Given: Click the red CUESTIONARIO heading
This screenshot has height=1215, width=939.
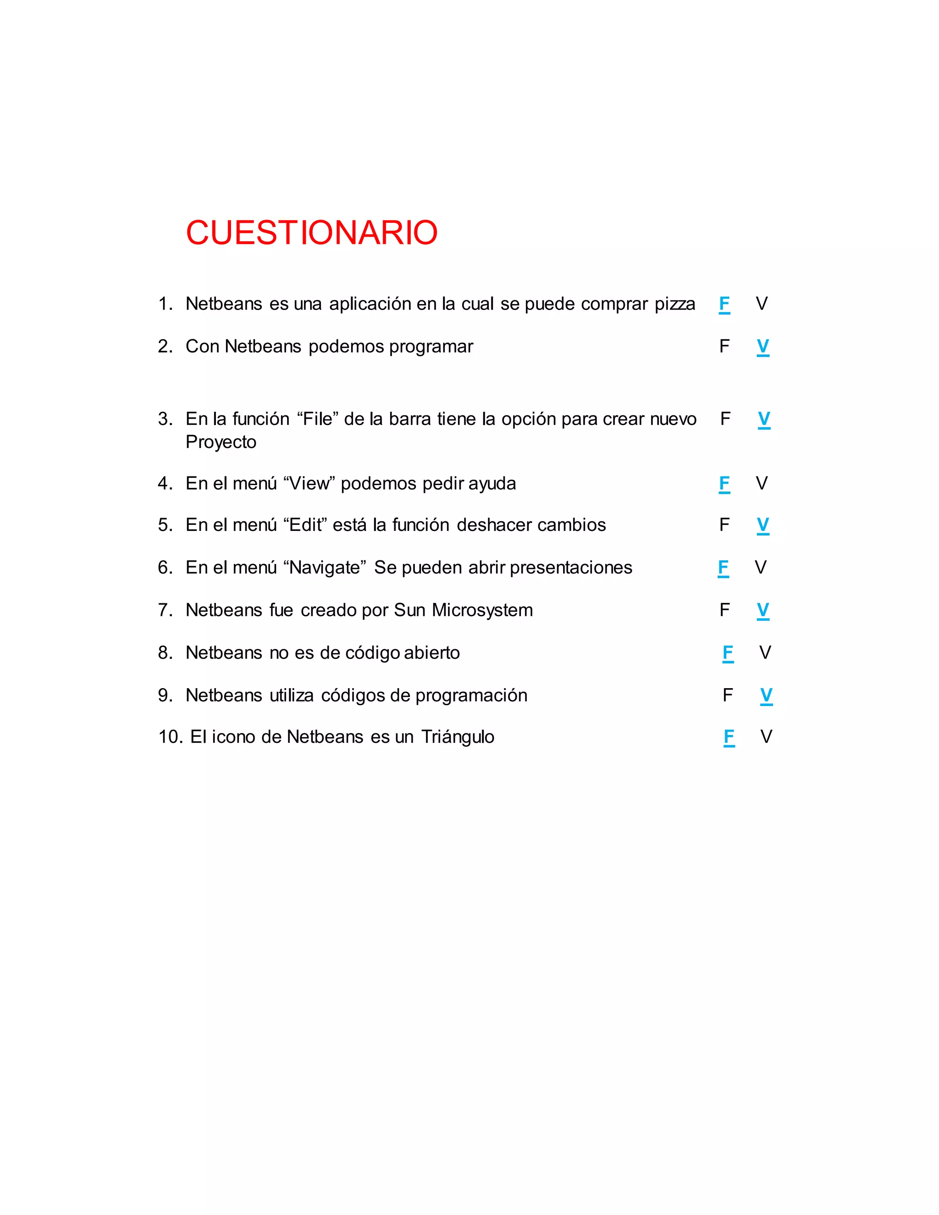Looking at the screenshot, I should (x=311, y=232).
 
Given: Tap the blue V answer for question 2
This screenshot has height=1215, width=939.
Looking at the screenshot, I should (x=762, y=347).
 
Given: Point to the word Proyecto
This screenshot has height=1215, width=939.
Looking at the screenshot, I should (x=221, y=442).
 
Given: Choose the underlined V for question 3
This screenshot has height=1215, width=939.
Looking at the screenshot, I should (x=764, y=419).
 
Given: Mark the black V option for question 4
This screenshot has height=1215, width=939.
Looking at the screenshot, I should (x=762, y=483).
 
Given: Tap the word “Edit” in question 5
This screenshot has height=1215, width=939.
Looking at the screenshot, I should (x=305, y=525).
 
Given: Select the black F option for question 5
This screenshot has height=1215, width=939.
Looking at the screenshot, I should (x=724, y=525).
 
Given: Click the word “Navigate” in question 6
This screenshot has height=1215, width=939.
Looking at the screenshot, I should (x=324, y=568).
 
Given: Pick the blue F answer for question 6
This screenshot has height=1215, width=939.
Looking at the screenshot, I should (x=723, y=568).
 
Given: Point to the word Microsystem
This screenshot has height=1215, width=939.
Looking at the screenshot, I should (x=482, y=610).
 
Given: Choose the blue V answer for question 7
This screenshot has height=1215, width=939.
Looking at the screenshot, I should (x=762, y=610).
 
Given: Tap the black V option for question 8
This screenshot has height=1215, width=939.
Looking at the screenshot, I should (x=765, y=652).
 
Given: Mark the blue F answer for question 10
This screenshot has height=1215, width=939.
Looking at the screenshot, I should (x=729, y=737).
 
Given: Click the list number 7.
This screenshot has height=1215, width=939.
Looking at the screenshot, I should (x=164, y=610).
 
